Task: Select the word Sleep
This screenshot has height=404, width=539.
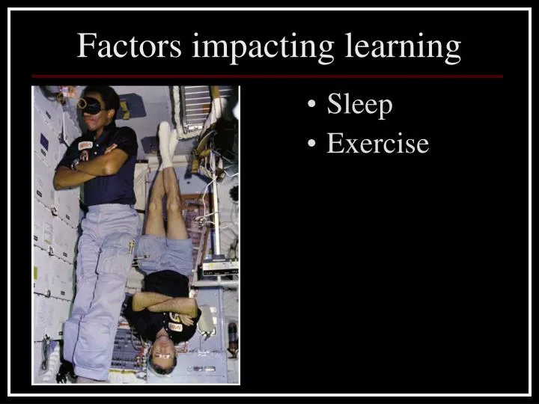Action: point(359,105)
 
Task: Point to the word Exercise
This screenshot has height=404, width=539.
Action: point(377,142)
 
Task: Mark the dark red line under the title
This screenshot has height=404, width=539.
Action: point(267,76)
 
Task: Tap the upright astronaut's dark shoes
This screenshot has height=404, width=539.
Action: point(67,371)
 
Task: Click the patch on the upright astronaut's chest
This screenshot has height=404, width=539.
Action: point(85,144)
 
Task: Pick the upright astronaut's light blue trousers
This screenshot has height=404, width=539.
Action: point(101,284)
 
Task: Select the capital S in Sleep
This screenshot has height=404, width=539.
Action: point(335,105)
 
